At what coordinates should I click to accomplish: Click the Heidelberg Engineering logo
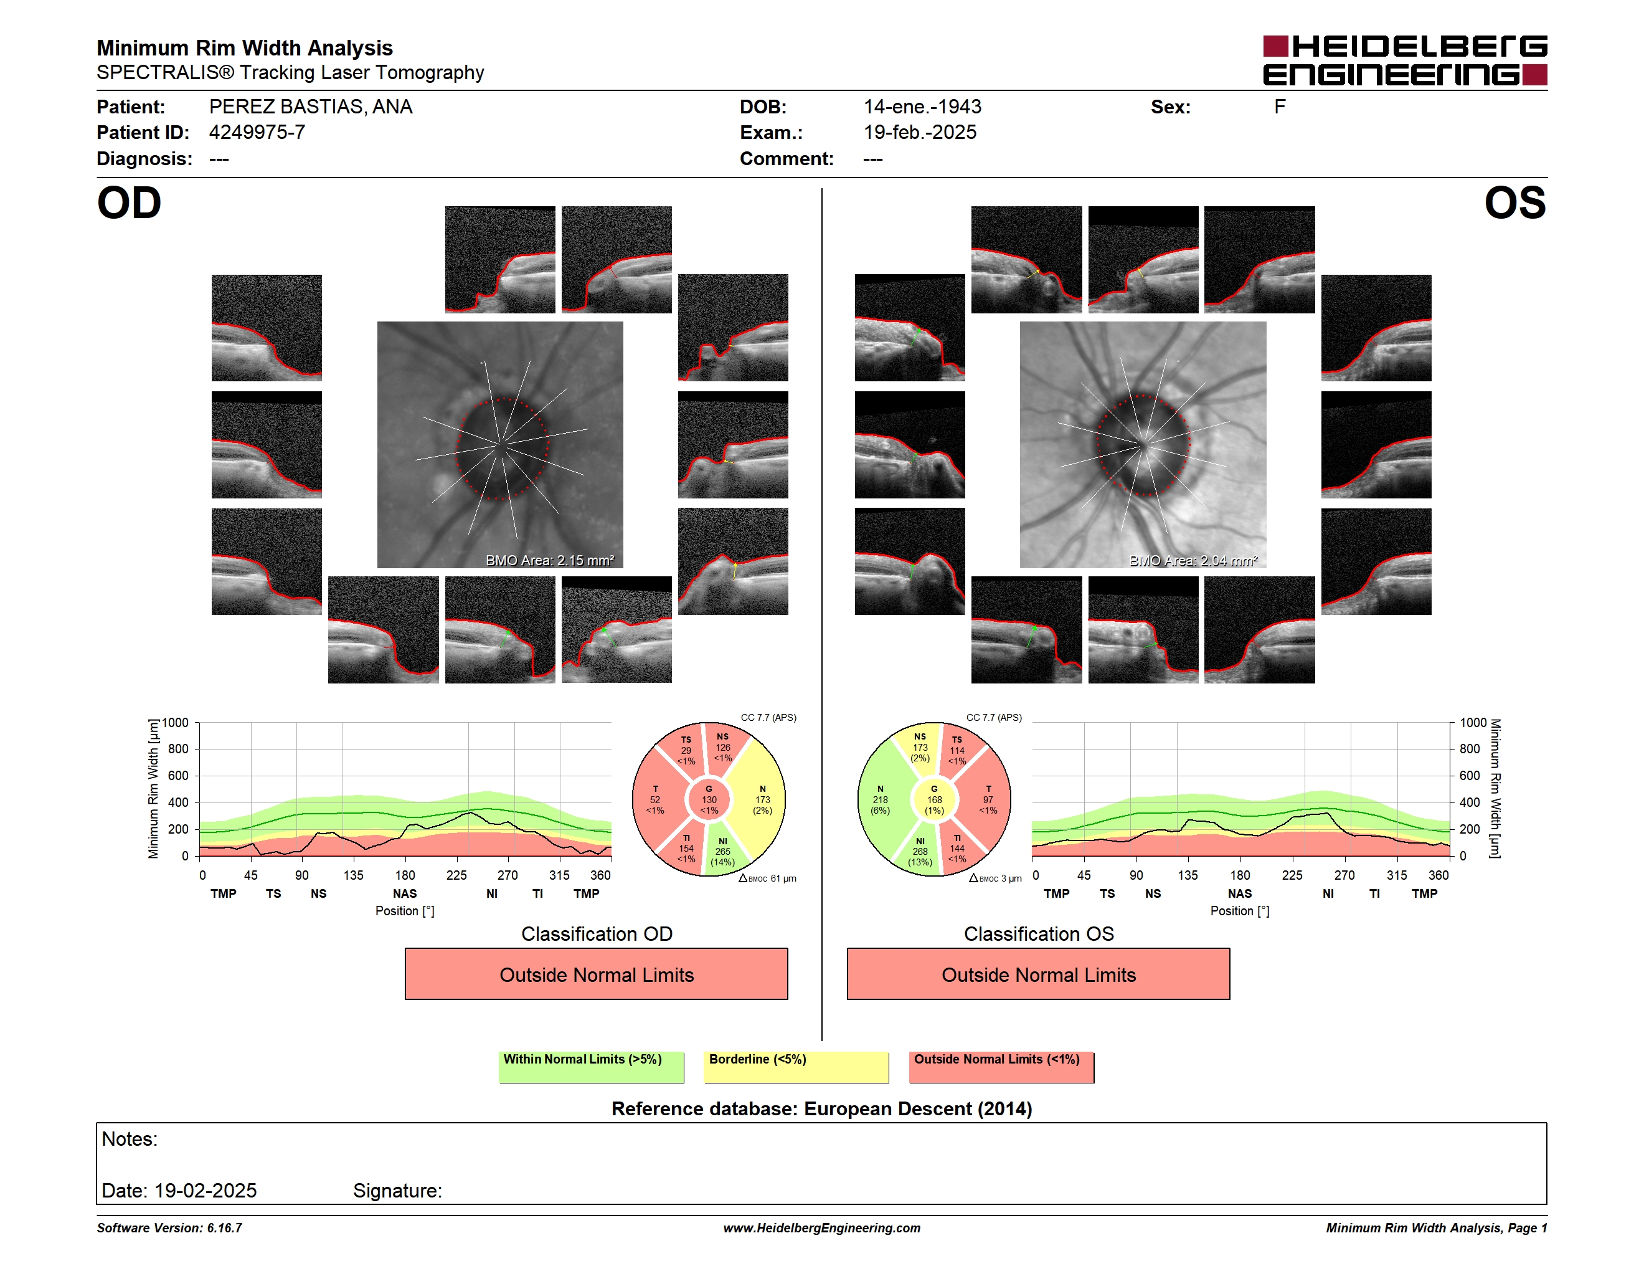[x=1405, y=60]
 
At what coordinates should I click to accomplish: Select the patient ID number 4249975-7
[x=257, y=133]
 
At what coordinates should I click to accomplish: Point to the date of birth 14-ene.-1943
[x=922, y=107]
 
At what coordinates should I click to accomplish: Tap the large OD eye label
[x=130, y=203]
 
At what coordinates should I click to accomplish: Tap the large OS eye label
[x=1514, y=203]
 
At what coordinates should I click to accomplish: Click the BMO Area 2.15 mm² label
[x=549, y=560]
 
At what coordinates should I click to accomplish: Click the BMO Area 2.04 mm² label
[x=1193, y=560]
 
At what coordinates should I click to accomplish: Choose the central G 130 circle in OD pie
[x=709, y=799]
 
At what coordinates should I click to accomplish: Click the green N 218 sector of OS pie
[x=881, y=799]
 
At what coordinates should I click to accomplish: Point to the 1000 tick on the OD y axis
[x=174, y=723]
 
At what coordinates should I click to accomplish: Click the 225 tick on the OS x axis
[x=1292, y=875]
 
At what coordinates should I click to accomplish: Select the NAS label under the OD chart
[x=404, y=894]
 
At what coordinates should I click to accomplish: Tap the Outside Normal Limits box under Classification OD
[x=596, y=974]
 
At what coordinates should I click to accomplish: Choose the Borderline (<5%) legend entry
[x=796, y=1067]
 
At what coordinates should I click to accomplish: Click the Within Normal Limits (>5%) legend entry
[x=591, y=1067]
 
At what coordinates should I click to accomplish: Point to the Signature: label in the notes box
[x=397, y=1191]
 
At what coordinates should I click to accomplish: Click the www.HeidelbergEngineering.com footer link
[x=821, y=1228]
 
